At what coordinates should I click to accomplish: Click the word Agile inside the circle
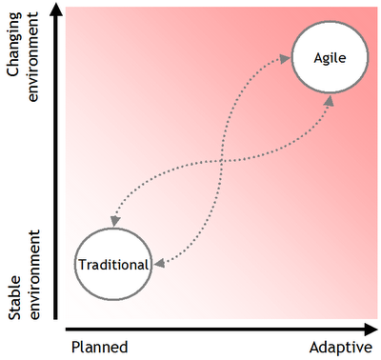330,58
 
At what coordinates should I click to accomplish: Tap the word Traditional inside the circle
113,265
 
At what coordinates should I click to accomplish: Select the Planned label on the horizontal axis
100,348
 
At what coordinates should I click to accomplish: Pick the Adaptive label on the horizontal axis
341,348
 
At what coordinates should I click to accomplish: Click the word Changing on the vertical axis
14,45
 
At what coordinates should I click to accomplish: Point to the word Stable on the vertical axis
14,297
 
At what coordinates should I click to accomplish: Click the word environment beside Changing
33,56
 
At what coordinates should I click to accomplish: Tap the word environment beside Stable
33,274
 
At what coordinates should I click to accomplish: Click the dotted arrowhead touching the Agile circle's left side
285,58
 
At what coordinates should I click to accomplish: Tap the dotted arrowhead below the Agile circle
330,101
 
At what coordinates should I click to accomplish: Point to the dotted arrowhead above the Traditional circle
114,221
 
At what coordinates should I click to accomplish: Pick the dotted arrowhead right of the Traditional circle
159,263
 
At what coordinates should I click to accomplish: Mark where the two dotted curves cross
221,161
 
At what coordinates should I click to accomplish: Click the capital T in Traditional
83,264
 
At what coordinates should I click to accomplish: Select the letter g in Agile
327,60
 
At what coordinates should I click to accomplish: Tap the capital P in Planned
75,347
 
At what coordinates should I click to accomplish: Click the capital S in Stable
14,315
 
